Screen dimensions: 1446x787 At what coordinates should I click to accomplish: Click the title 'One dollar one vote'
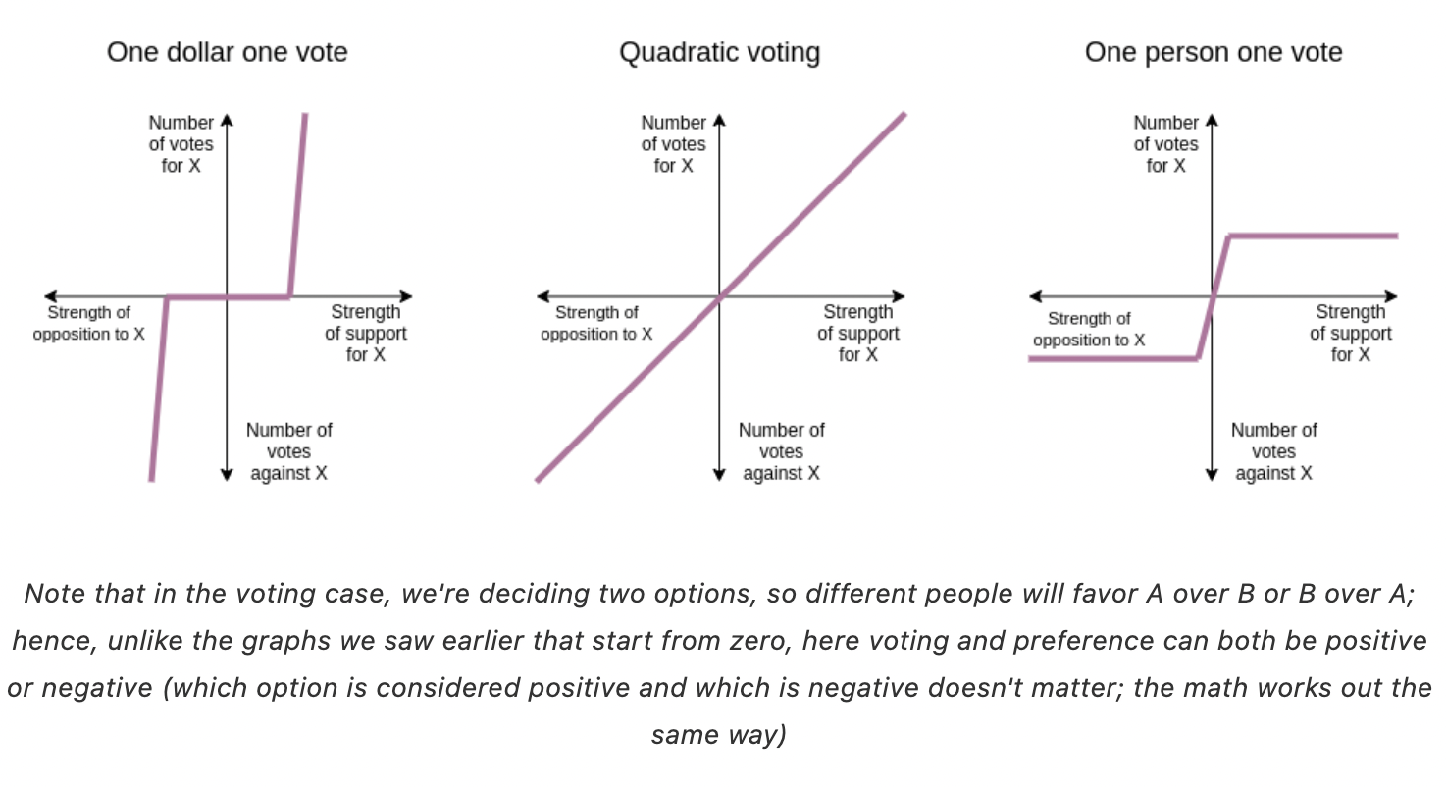228,52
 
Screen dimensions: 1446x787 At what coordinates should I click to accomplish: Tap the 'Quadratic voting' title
720,53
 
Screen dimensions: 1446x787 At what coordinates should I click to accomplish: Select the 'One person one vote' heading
1214,52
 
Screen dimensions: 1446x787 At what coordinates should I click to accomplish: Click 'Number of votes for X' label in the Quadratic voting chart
673,144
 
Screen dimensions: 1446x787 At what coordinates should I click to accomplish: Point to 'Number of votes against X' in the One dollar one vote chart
289,451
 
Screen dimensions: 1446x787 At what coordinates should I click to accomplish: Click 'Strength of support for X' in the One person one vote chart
1351,333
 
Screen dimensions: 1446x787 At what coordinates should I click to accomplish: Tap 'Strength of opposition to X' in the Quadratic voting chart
596,324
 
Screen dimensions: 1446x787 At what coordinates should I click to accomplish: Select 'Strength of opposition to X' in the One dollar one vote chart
89,324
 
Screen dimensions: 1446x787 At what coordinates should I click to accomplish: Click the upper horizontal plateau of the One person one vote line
1314,236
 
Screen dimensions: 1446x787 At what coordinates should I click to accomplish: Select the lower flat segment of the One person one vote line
1113,359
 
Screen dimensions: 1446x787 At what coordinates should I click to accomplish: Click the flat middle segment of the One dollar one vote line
229,297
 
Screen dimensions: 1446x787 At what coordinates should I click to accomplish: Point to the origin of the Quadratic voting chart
720,297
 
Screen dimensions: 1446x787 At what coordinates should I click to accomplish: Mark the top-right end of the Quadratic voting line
905,114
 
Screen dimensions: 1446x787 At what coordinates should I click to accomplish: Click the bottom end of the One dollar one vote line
152,480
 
